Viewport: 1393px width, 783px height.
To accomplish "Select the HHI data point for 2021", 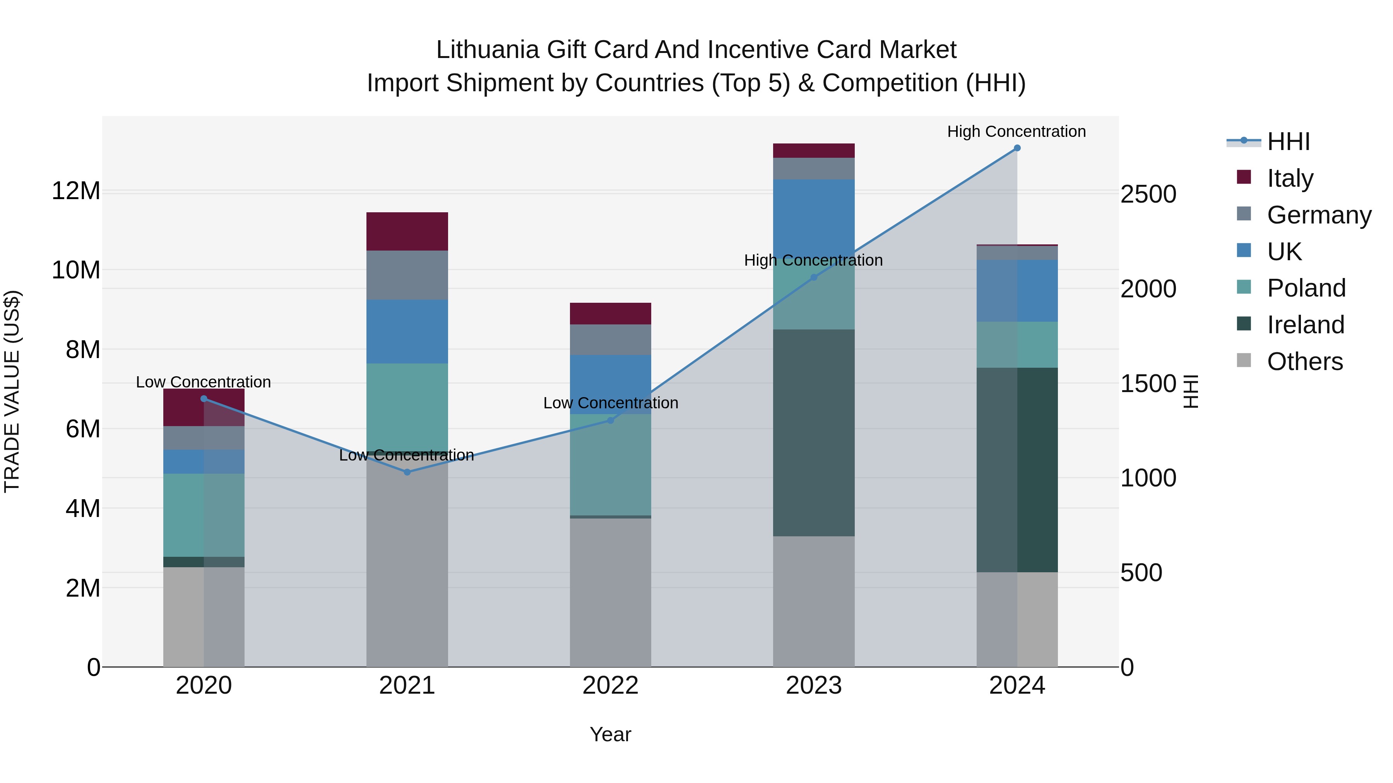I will click(407, 472).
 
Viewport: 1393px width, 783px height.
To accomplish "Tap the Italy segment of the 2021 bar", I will click(407, 231).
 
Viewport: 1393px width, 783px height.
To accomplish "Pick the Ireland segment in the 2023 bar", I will click(813, 432).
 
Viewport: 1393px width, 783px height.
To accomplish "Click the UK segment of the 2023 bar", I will click(813, 216).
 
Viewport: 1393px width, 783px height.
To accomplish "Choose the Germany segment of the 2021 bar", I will click(407, 275).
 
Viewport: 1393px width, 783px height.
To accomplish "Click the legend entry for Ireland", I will click(1305, 325).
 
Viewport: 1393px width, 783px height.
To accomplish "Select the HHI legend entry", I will click(1288, 142).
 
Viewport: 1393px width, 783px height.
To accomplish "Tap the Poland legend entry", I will click(1306, 288).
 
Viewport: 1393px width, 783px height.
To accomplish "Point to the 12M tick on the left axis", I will click(76, 191).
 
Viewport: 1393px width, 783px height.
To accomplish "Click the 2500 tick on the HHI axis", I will click(1148, 194).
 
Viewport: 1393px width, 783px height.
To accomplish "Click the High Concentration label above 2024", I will click(1016, 131).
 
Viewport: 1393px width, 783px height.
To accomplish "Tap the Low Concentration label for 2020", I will click(203, 382).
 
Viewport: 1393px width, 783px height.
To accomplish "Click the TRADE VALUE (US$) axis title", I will click(12, 391).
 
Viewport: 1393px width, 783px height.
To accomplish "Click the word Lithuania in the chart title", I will click(488, 50).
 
